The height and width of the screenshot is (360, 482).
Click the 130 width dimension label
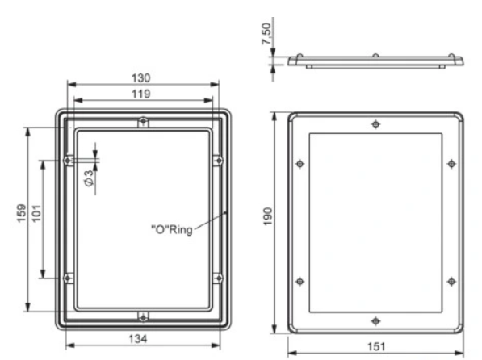coord(141,78)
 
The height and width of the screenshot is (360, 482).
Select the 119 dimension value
coord(141,94)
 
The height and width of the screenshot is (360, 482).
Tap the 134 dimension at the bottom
coord(138,339)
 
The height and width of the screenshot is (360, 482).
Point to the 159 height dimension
coord(22,213)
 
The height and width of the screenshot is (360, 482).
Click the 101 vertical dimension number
coord(36,213)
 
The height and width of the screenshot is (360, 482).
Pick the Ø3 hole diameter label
coord(89,178)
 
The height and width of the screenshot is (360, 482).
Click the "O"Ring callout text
coord(172,229)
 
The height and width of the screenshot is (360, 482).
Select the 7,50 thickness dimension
coord(266,34)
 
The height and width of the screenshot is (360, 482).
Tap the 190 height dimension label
coord(268,216)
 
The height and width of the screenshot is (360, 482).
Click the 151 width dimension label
coord(376,347)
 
